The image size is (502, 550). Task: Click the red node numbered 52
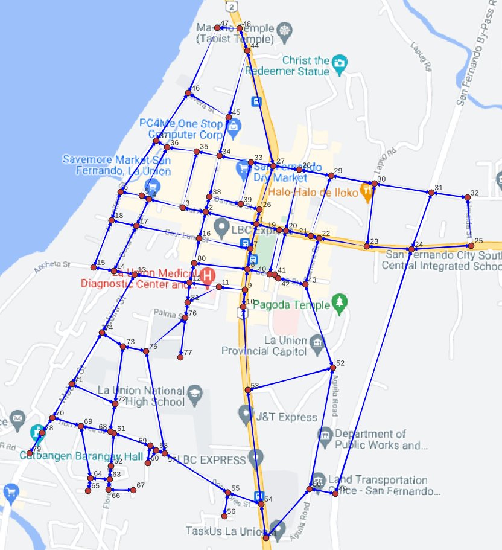pos(332,368)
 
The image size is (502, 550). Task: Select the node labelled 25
pos(471,245)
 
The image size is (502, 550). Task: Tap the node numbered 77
pos(180,357)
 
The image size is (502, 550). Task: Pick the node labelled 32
pos(466,197)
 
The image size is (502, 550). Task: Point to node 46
pos(188,93)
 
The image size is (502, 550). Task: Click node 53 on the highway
pos(247,391)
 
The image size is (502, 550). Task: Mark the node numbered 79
pos(30,453)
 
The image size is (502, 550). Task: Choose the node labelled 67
pos(133,490)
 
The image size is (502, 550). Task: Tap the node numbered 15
pos(94,267)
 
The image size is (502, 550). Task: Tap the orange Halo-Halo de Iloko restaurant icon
pos(367,191)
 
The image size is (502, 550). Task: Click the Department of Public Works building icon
pos(325,434)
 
